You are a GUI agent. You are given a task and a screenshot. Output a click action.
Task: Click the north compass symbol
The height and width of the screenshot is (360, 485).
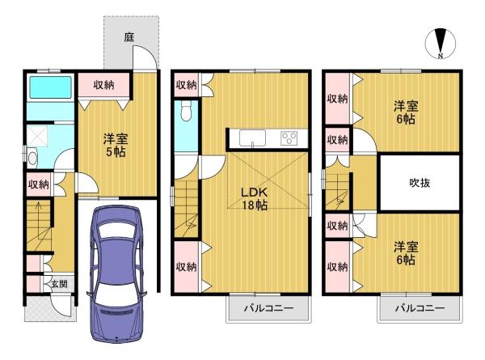[441, 44]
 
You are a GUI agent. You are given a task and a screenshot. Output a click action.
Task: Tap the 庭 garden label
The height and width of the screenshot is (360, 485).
[129, 36]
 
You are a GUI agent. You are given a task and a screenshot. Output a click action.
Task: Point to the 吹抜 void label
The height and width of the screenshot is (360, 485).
[419, 183]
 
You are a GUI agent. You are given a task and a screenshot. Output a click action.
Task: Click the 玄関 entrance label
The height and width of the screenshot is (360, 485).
[59, 284]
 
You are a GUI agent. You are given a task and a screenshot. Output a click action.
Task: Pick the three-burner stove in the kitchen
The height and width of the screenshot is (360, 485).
[289, 138]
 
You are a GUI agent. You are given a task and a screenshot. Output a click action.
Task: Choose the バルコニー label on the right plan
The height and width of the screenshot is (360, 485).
[420, 309]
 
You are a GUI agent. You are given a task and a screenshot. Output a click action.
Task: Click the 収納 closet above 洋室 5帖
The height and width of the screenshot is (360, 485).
[103, 84]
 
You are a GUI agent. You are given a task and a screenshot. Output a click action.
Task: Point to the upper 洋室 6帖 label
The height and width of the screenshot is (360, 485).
[405, 112]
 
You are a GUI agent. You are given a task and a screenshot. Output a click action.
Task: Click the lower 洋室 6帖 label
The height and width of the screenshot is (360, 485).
[405, 254]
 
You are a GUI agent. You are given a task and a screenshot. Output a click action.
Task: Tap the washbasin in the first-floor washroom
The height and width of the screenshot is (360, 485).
[32, 157]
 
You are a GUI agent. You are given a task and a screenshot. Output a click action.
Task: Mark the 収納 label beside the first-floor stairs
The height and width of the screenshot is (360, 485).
[38, 184]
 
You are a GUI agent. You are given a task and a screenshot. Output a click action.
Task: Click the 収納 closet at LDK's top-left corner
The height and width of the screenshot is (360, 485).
[185, 83]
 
